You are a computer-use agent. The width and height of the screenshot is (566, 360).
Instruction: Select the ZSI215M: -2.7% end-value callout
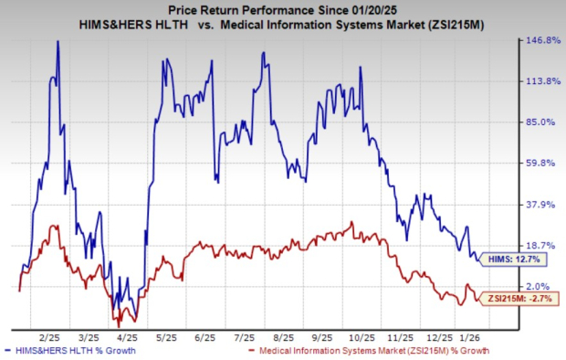click(x=518, y=297)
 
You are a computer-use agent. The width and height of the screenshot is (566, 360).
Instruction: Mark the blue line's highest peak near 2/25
click(x=58, y=41)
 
